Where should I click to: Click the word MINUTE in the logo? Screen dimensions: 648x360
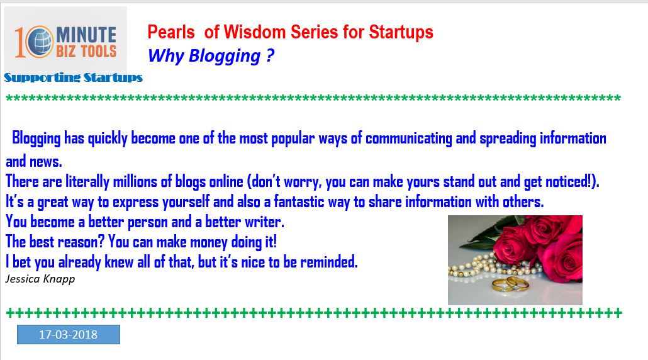coord(86,35)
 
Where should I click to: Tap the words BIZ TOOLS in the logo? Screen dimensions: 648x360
coord(86,52)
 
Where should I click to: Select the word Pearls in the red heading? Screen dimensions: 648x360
coord(171,32)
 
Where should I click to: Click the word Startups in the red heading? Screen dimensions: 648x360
coord(401,33)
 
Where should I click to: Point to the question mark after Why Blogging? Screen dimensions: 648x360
coord(270,55)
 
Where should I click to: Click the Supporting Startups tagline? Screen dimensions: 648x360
coord(73,77)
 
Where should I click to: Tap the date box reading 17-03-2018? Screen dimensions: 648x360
coord(68,334)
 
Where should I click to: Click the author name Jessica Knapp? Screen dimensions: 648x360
coord(40,279)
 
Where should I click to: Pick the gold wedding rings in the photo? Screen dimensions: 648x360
coord(510,284)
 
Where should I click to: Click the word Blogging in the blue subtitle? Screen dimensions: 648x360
coord(225,56)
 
